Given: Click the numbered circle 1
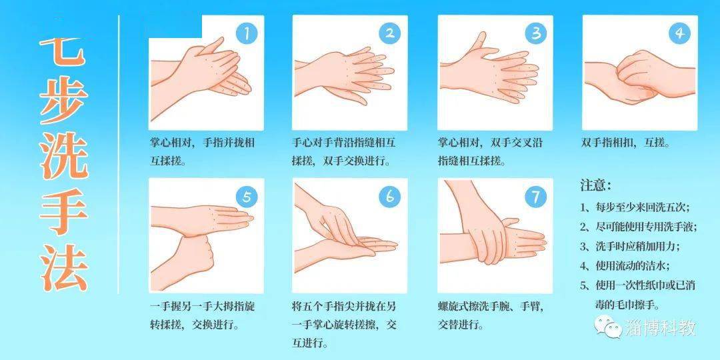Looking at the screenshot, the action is coord(247,34).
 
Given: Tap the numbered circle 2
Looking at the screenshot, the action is coord(390,33).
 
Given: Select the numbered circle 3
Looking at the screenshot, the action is coord(536,33).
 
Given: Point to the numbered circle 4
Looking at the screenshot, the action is coord(679,33).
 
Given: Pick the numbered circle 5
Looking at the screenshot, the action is coord(247,197).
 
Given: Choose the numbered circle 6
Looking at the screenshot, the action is coord(390,197).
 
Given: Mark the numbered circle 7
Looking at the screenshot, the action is coord(536,197).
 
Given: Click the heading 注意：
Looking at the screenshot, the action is coord(596,185).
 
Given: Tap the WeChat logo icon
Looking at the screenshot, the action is coord(608,327).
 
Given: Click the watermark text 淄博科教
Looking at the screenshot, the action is coord(661,328).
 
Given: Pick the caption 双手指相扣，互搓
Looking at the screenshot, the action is coord(625,143).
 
